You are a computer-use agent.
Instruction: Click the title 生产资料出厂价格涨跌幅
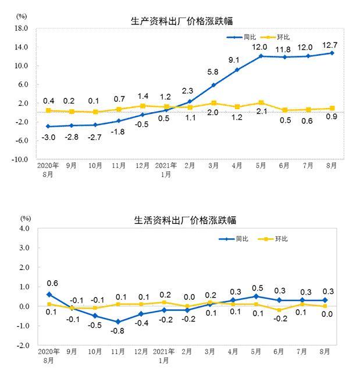click(182, 22)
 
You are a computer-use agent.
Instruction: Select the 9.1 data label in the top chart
click(234, 59)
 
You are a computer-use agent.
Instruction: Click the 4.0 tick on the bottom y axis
click(24, 228)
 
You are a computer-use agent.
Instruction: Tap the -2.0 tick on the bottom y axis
click(23, 345)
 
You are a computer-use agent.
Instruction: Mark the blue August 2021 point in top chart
click(332, 53)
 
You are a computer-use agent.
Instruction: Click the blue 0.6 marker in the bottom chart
click(49, 295)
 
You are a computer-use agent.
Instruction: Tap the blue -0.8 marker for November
click(118, 321)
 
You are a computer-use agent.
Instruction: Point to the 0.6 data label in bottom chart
click(52, 283)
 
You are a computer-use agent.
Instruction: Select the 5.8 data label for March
click(212, 73)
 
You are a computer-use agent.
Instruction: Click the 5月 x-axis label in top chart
click(261, 166)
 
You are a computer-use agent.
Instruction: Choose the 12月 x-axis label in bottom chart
click(141, 352)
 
